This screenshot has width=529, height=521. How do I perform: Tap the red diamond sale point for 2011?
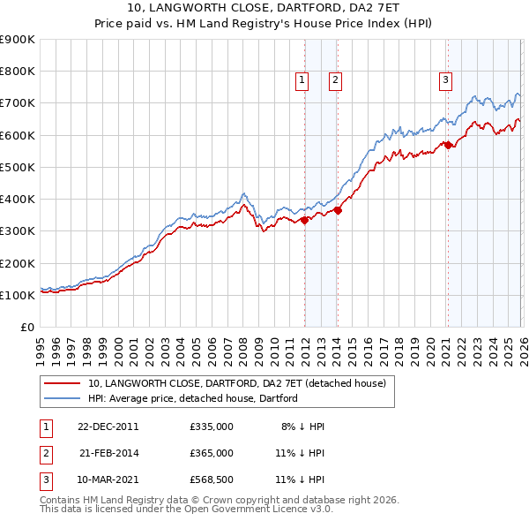pos(304,220)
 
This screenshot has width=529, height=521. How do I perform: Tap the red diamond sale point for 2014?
pos(338,210)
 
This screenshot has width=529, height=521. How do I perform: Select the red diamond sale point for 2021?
pos(448,145)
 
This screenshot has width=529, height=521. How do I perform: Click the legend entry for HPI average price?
pos(192,398)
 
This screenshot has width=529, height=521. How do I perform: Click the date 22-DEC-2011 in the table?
pos(107,427)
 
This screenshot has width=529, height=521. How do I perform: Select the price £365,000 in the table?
pos(212,453)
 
